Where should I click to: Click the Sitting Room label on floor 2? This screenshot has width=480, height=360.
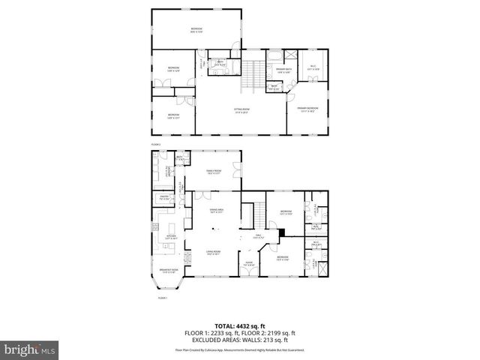241,111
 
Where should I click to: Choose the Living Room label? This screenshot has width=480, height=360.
214,253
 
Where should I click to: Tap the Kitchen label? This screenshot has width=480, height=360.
169,236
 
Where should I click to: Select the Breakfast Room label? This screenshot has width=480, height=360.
168,271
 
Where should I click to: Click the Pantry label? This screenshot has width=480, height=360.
163,197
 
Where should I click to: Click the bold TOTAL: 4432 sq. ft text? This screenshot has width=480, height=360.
240,326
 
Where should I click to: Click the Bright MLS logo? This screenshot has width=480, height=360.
30,349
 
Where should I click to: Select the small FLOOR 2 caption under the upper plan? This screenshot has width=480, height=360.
156,142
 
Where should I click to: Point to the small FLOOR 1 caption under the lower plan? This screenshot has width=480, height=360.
162,298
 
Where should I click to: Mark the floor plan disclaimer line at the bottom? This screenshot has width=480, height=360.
240,349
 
